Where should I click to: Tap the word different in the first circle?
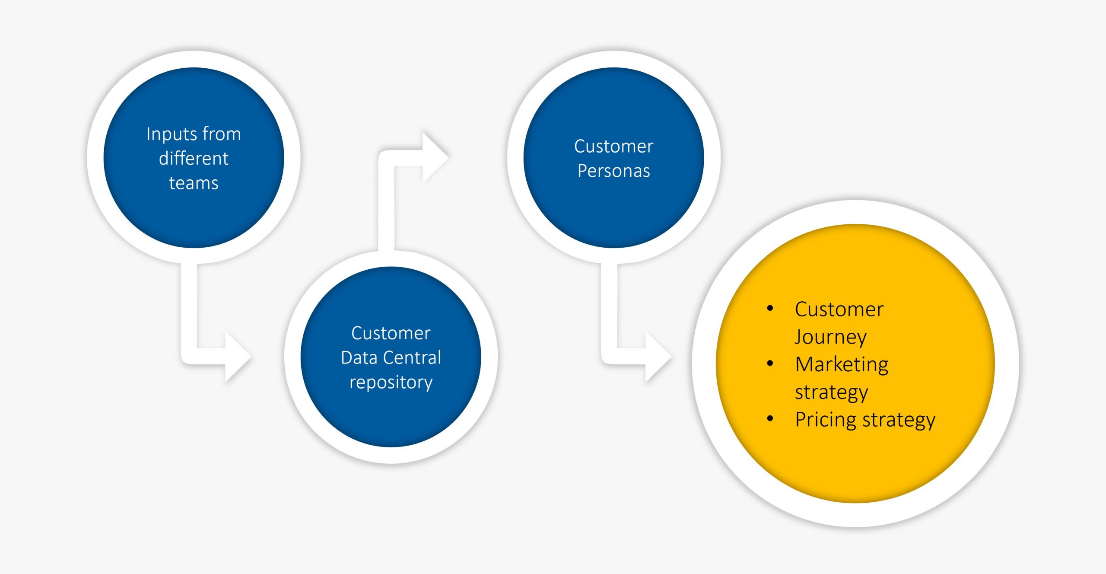coord(194,159)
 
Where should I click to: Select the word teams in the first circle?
coord(194,183)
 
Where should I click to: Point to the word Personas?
coord(613,171)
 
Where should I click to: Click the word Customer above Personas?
coord(613,147)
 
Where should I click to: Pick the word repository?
coord(391,383)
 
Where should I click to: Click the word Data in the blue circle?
coord(359,358)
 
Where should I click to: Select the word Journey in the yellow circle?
coord(830,337)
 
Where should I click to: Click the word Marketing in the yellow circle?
coord(842,364)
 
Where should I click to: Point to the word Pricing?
coord(826,420)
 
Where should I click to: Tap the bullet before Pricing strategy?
coord(770,418)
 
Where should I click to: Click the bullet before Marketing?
coord(770,364)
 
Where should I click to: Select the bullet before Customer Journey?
coord(770,308)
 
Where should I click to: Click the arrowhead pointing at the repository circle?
coord(237,357)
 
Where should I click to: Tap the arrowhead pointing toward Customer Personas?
coord(434,157)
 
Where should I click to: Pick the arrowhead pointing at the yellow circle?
coord(657,357)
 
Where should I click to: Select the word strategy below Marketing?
coord(831,392)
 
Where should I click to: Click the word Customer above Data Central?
coord(391,333)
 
